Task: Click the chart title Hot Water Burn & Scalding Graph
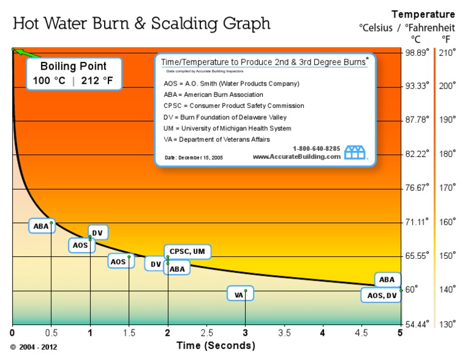coord(142,24)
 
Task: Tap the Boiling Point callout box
coord(73,73)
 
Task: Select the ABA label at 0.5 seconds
coord(41,226)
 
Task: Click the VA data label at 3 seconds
coord(239,295)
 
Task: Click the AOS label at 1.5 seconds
coord(118,261)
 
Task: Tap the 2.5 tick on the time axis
coord(206,333)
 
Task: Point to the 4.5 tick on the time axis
coord(361,333)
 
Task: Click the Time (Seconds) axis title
coord(216,345)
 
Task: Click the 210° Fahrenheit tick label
coord(447,53)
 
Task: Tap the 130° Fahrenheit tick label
coord(447,324)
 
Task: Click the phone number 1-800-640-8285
coord(317,148)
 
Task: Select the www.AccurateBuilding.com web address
coord(297,156)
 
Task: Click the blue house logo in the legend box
coord(355,152)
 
